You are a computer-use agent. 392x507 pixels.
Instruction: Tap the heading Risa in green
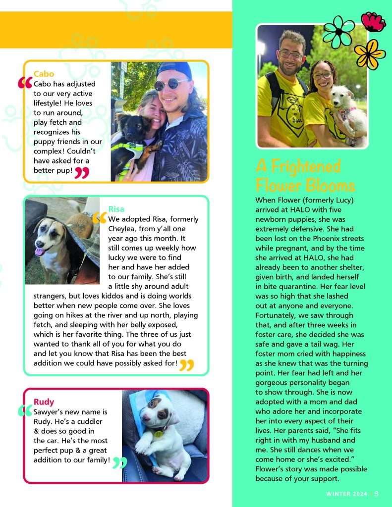tap(116, 209)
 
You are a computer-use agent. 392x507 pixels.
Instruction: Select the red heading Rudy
tap(44, 402)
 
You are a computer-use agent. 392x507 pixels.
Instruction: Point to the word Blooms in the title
tap(331, 185)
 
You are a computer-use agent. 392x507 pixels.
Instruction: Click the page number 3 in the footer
tap(377, 494)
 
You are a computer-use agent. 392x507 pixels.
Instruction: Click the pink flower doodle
tap(373, 21)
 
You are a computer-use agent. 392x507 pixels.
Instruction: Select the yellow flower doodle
tap(369, 54)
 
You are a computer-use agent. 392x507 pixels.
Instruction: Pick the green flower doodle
tap(338, 32)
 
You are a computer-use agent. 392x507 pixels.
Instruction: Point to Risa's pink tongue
tap(39, 252)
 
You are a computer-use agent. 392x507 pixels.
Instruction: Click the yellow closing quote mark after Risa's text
tap(186, 365)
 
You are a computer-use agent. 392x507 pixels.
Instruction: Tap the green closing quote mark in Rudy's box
tap(119, 463)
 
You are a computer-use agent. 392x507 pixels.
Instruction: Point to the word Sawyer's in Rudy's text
tap(49, 412)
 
